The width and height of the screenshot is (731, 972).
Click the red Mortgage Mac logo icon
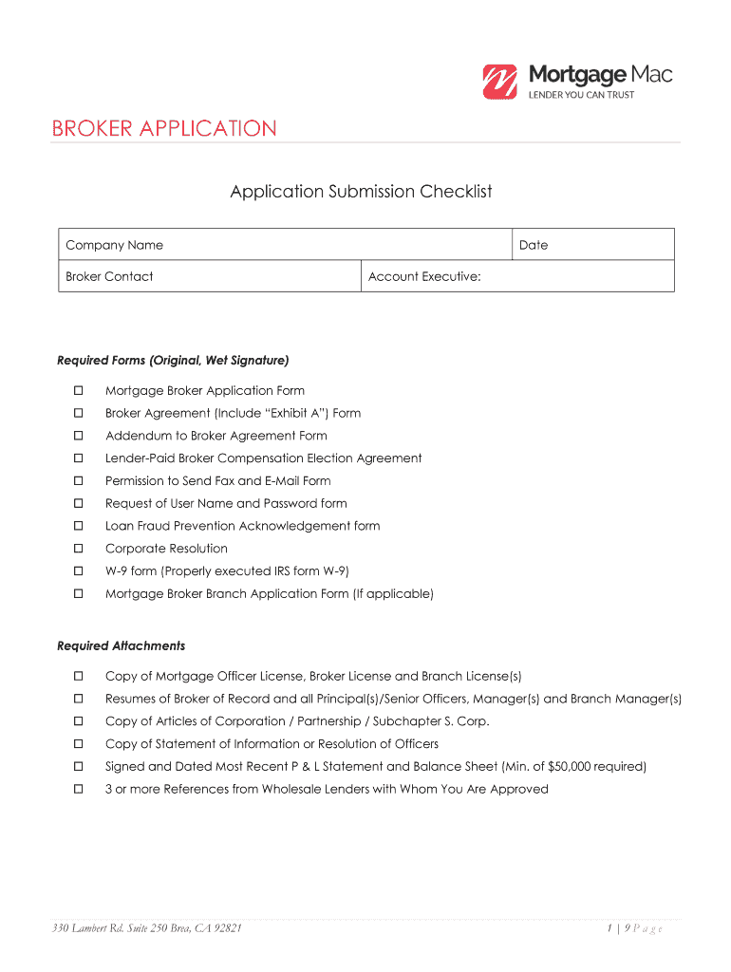499,82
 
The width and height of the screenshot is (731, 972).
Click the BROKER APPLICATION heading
164,129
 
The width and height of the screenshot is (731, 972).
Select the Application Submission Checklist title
361,192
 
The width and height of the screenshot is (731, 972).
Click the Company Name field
285,245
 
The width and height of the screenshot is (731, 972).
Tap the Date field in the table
593,245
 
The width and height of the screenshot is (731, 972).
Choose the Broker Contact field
209,276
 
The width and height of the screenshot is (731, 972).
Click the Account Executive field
517,276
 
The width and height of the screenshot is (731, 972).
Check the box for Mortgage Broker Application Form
80,391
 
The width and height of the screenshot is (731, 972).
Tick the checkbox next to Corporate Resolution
80,549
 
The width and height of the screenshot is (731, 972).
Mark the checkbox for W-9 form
80,571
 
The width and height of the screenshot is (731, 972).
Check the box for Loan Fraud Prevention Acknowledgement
80,526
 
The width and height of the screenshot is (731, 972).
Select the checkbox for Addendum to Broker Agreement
80,436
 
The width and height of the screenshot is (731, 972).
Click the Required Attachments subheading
121,646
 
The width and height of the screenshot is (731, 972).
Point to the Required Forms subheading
173,361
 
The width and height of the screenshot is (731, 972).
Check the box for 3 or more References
80,790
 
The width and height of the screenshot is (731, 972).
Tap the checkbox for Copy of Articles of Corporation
80,721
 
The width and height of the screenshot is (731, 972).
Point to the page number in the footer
635,928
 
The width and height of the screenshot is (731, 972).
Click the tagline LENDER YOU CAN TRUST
581,95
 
